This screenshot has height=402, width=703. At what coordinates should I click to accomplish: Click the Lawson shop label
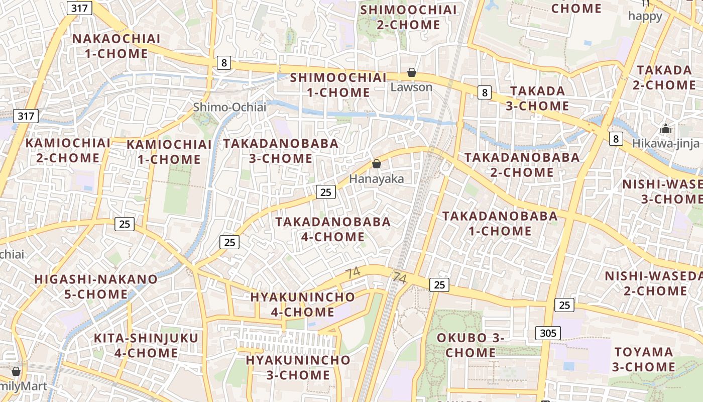(411, 87)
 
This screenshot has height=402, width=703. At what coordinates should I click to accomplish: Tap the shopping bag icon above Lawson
(412, 73)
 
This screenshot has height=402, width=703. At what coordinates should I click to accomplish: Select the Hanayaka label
(376, 179)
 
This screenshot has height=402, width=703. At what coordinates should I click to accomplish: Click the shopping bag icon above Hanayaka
(376, 164)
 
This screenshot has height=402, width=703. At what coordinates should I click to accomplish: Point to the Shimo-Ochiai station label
(229, 107)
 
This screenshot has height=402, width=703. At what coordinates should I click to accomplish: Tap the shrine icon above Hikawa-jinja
(666, 129)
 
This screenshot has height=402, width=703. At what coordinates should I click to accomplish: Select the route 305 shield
(548, 333)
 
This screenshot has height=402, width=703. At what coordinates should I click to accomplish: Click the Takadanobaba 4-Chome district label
(333, 229)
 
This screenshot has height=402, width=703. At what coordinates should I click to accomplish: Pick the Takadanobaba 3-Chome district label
(281, 151)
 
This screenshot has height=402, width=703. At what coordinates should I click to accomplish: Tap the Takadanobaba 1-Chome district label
(500, 224)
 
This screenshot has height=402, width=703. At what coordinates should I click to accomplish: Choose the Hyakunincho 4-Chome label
(302, 305)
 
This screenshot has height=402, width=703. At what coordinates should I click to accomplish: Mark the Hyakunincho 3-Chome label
(298, 367)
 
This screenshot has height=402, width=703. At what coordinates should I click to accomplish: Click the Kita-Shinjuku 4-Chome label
(146, 345)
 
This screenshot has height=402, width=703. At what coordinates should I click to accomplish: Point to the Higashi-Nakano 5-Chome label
(96, 286)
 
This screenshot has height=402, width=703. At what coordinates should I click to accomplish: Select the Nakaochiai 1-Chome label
(116, 46)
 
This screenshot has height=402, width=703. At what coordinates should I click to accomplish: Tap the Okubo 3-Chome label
(471, 345)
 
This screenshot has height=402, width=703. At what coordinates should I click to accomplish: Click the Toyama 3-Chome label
(644, 359)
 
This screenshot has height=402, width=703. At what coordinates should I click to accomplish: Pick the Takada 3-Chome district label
(539, 98)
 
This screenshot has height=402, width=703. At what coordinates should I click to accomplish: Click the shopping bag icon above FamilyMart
(16, 372)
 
